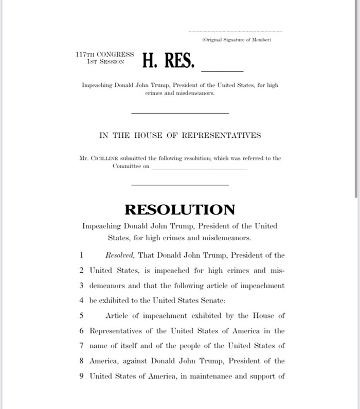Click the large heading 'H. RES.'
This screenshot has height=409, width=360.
pyautogui.click(x=168, y=61)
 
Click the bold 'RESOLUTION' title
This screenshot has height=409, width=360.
pyautogui.click(x=179, y=209)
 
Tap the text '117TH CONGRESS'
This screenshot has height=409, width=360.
pyautogui.click(x=104, y=54)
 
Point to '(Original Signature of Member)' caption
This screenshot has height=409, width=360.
pyautogui.click(x=237, y=40)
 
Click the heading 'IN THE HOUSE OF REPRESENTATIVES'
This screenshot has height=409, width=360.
pyautogui.click(x=180, y=135)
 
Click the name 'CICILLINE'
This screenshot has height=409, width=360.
pyautogui.click(x=105, y=158)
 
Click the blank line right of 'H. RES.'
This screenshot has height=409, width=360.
pyautogui.click(x=222, y=70)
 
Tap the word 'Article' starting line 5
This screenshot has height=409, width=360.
pyautogui.click(x=118, y=315)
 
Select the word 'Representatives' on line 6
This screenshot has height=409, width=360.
pyautogui.click(x=117, y=330)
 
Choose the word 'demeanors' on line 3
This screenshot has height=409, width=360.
pyautogui.click(x=107, y=286)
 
